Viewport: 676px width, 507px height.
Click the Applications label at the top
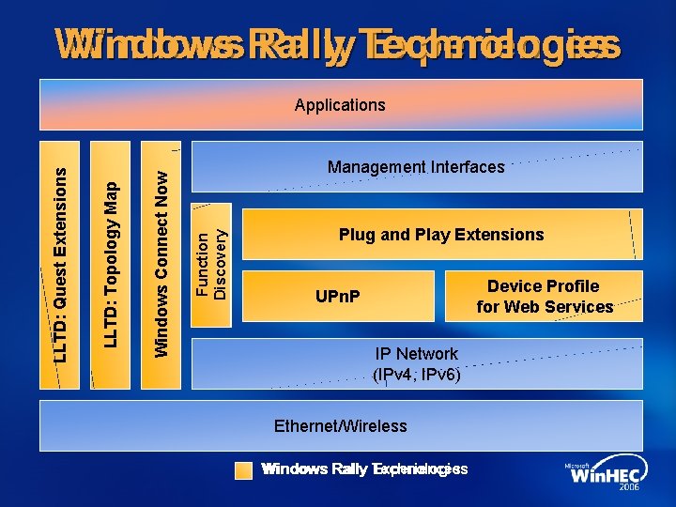tap(340, 105)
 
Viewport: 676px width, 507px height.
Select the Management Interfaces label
tap(416, 167)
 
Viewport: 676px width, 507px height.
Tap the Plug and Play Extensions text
tap(441, 235)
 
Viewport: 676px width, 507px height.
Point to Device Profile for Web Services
tap(545, 297)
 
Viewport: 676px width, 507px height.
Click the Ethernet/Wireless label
tap(340, 426)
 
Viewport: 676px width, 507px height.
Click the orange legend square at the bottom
tap(244, 469)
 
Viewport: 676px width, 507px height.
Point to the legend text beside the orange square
tap(364, 469)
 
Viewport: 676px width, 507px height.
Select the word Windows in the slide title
tap(141, 44)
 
